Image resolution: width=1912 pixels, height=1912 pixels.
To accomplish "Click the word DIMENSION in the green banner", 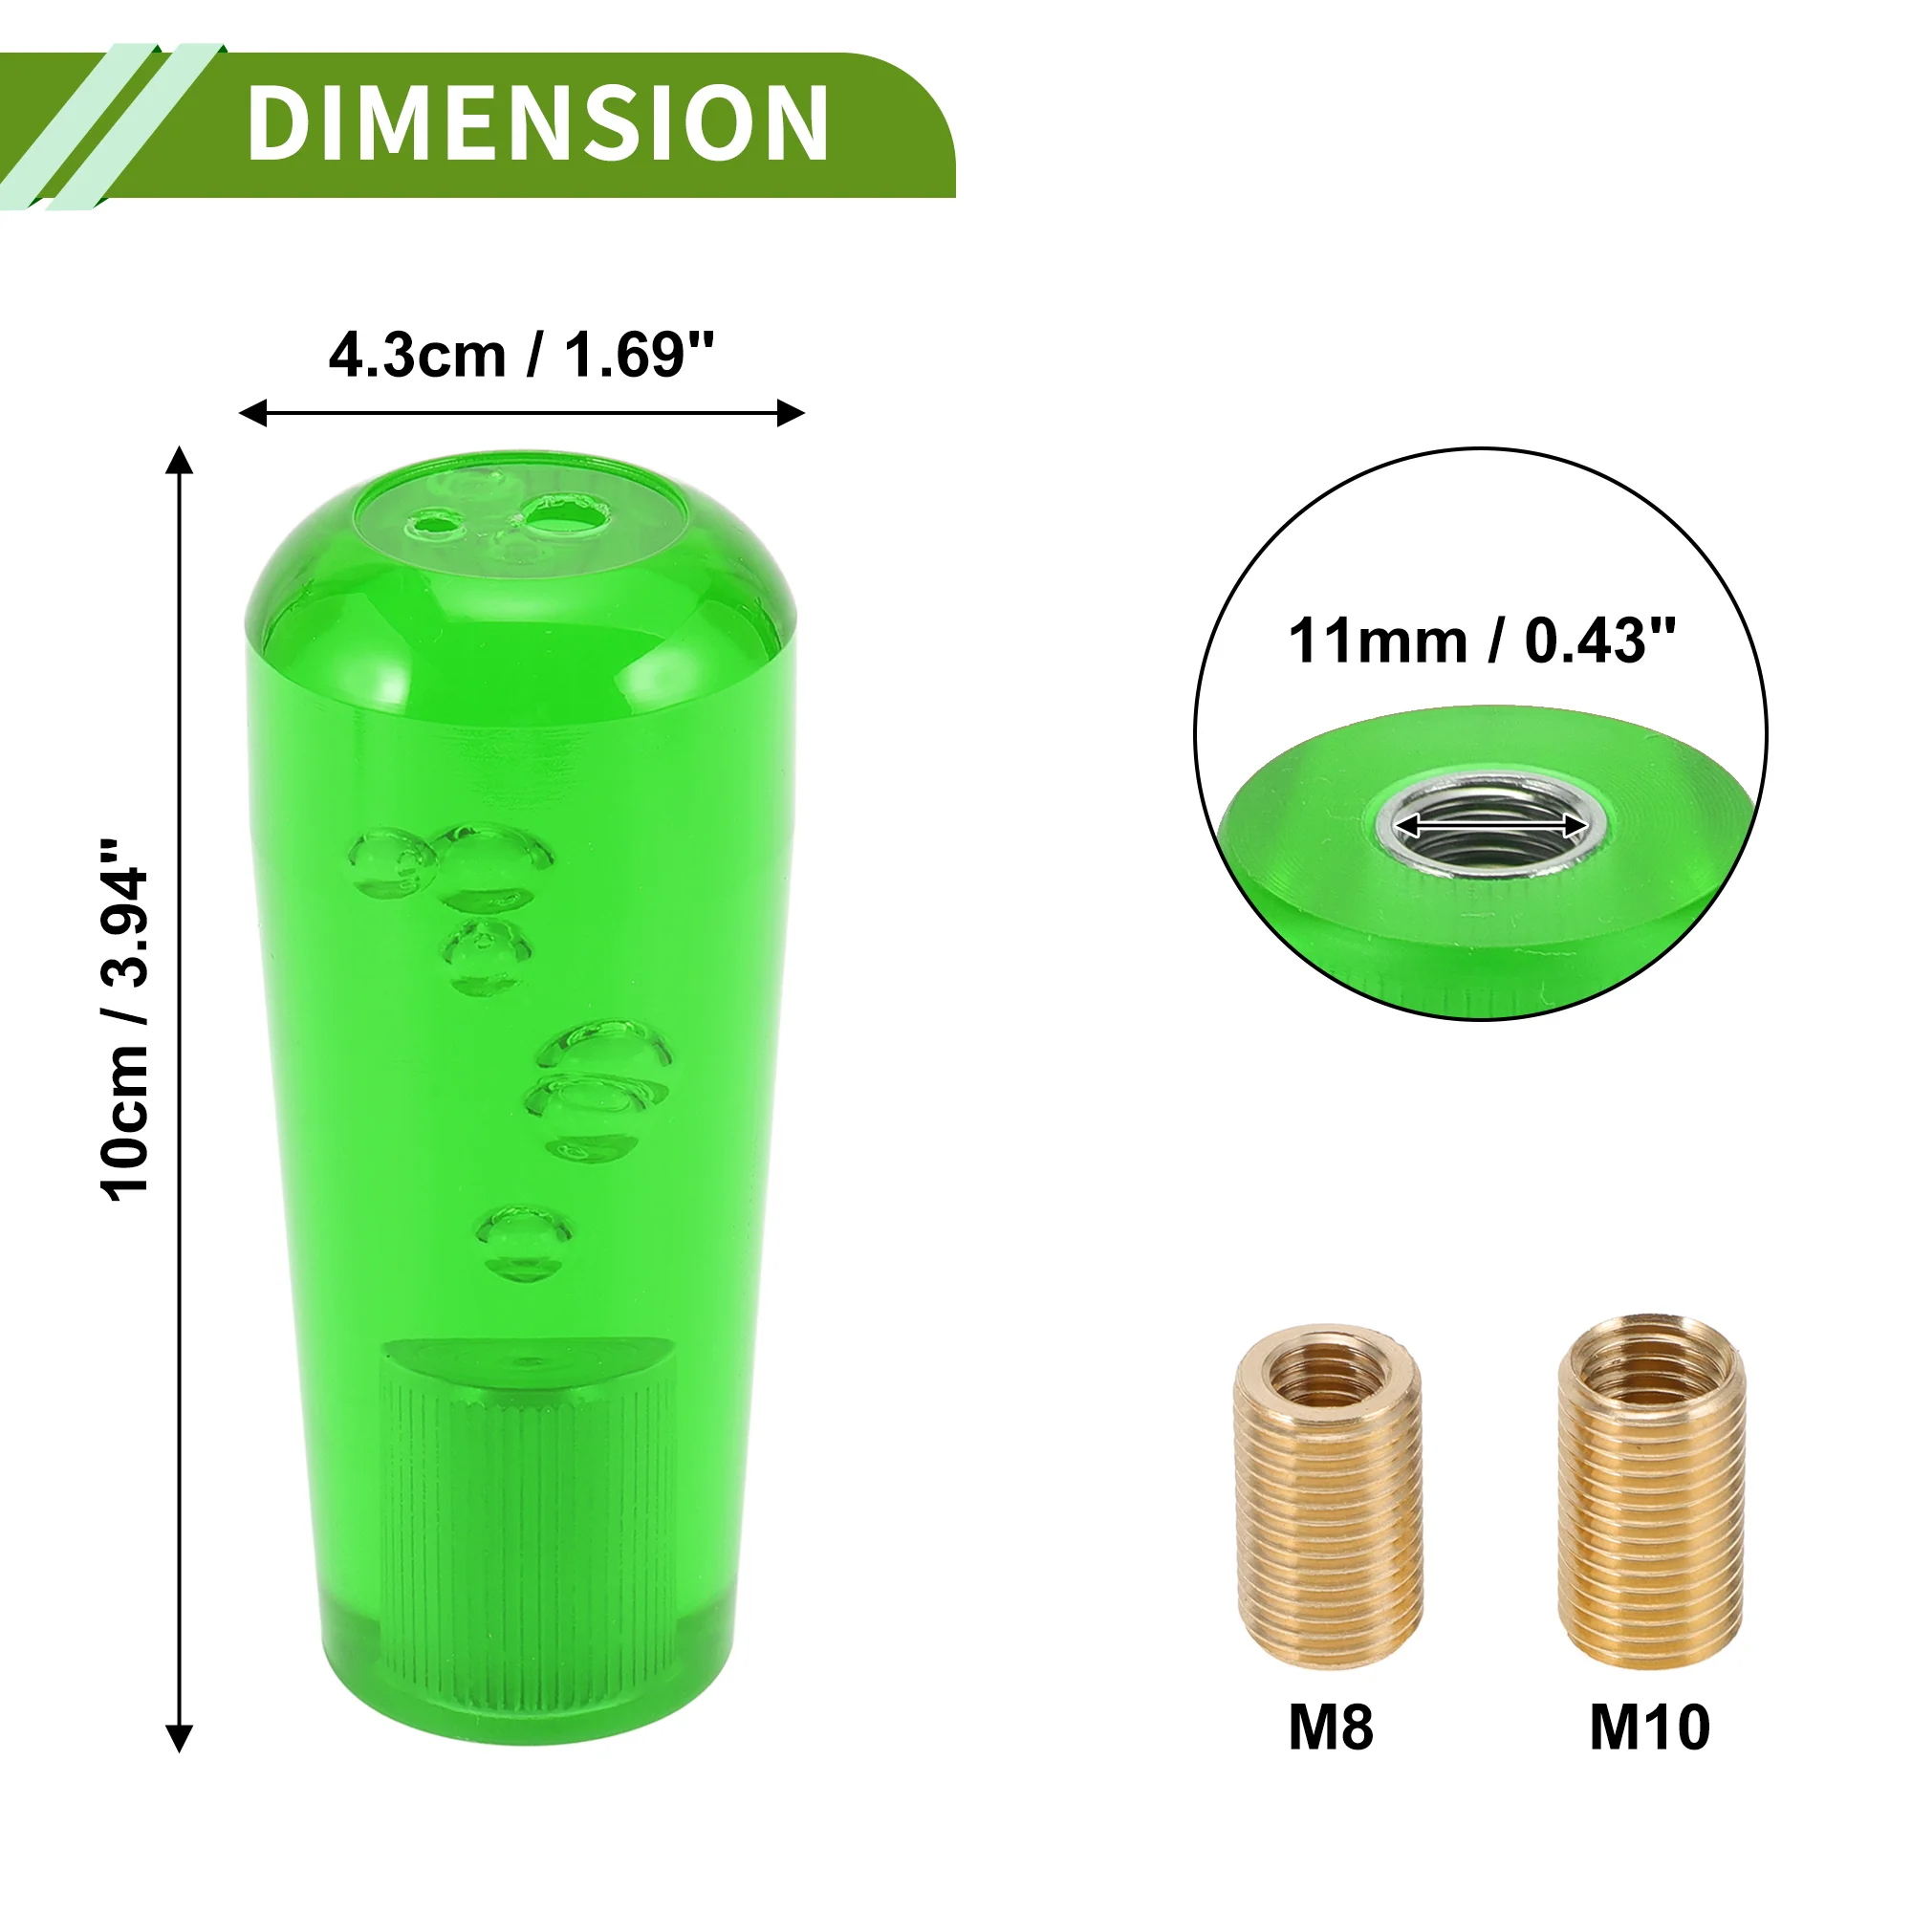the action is [x=537, y=122].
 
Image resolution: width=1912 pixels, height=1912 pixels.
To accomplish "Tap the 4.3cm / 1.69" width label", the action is [x=521, y=356].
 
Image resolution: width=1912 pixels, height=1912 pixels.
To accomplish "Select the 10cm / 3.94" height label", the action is [x=125, y=1020].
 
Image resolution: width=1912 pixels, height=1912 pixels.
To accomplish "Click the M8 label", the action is [x=1330, y=1727].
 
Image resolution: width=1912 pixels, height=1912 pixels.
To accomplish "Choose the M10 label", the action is [x=1650, y=1727].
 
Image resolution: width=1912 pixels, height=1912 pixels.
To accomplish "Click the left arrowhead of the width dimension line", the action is [x=253, y=413].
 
